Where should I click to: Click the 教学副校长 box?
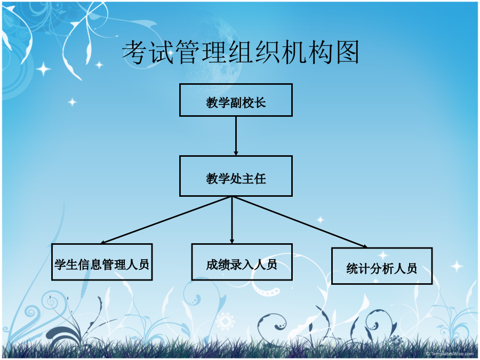click(236, 100)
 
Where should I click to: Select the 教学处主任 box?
click(236, 176)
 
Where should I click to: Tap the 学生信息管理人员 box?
click(102, 262)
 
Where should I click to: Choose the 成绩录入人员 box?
click(242, 262)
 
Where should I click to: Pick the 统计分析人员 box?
click(382, 266)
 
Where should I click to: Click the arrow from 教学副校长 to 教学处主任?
click(236, 136)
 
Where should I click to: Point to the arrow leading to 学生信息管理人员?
click(166, 220)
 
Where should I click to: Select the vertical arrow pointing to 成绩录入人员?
click(232, 220)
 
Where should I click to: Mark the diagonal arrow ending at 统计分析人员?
click(300, 222)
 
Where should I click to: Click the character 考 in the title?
click(135, 52)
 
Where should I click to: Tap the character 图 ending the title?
click(347, 52)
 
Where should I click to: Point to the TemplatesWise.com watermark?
click(450, 354)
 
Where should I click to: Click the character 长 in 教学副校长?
click(260, 102)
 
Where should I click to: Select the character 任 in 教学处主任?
click(260, 179)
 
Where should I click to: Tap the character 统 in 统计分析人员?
click(353, 268)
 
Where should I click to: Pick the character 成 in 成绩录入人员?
click(212, 265)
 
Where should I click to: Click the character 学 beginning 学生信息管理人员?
click(60, 264)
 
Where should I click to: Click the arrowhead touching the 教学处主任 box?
click(236, 153)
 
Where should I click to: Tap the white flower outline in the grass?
click(225, 322)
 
